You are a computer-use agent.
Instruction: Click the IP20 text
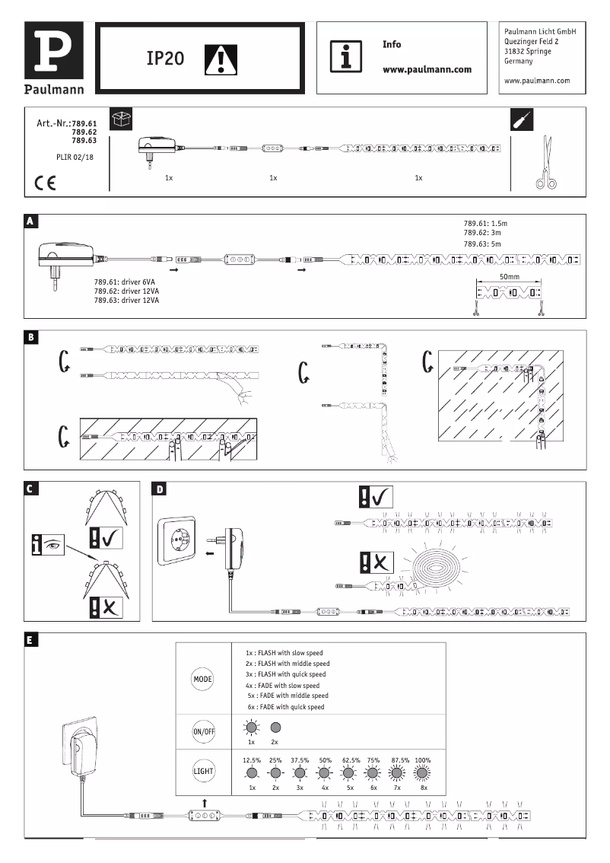click(x=165, y=59)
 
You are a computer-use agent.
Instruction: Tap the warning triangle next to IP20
click(x=221, y=59)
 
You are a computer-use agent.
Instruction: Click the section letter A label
click(x=30, y=221)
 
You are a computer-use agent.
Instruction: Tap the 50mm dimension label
click(x=510, y=276)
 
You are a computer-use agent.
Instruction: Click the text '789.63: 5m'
click(x=485, y=244)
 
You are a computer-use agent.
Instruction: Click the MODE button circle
click(x=203, y=678)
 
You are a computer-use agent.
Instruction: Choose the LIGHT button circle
click(x=203, y=771)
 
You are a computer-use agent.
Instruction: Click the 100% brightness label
click(x=423, y=760)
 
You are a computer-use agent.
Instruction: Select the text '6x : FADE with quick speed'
click(x=285, y=707)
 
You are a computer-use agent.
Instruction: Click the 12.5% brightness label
click(x=252, y=760)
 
